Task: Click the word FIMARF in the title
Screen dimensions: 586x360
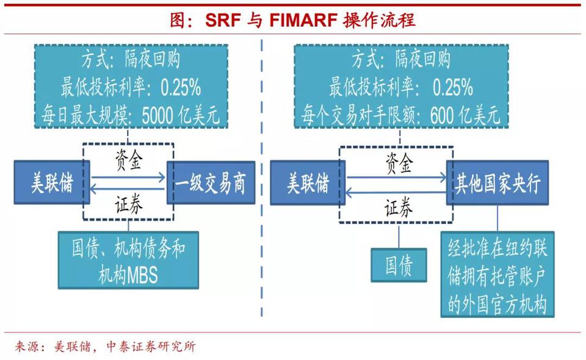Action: pos(303,20)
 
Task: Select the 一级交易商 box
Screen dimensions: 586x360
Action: pos(211,182)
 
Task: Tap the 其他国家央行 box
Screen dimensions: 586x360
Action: pos(497,182)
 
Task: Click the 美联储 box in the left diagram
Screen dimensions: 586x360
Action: pos(52,182)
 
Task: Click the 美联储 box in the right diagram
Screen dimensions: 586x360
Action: pos(308,182)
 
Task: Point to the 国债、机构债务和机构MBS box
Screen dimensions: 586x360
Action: pos(128,261)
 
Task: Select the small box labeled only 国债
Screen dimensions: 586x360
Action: pos(399,265)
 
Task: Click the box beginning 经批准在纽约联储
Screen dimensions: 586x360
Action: pos(497,275)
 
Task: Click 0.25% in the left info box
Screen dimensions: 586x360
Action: pos(181,87)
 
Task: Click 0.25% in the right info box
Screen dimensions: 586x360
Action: pos(452,87)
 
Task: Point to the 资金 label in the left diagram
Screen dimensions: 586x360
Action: pos(129,160)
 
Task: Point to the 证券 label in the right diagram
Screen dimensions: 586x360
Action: pos(399,207)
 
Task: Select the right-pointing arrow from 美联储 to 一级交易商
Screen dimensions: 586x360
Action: pos(128,178)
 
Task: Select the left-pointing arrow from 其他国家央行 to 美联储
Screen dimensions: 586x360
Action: pos(396,193)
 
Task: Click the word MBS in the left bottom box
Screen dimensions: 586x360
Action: pos(142,276)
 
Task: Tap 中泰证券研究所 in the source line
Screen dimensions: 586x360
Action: pos(151,347)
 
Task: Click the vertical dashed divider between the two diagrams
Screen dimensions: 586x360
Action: pos(261,178)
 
